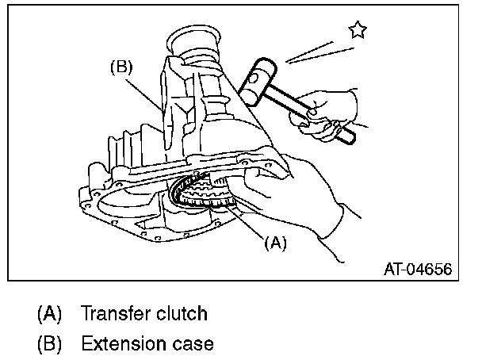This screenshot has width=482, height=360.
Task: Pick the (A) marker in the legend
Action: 50,313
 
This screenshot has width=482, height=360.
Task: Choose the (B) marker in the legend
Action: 50,344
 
